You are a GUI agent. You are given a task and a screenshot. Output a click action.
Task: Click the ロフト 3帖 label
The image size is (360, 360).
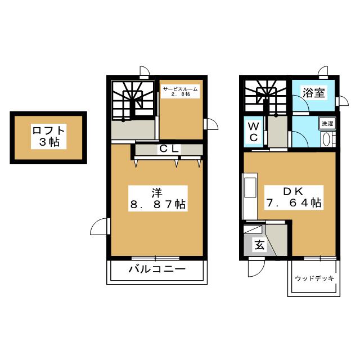tap(49, 136)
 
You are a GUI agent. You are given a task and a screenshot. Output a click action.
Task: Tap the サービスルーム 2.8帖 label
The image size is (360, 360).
tap(180, 91)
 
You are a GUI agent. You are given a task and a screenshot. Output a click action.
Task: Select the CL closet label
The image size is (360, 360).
tap(169, 149)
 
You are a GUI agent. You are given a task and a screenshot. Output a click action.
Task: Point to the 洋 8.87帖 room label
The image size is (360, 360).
tap(158, 199)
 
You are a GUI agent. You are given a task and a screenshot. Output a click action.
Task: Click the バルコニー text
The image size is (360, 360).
tap(157, 269)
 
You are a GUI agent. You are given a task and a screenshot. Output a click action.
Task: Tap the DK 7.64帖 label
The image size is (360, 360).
tap(294, 197)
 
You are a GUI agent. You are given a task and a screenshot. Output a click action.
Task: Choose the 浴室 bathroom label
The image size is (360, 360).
tap(314, 92)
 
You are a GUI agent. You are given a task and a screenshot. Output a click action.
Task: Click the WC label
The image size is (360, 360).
tap(254, 132)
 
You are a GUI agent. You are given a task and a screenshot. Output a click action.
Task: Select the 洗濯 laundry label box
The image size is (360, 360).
tap(327, 124)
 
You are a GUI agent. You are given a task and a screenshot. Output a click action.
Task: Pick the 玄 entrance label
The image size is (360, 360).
tap(259, 245)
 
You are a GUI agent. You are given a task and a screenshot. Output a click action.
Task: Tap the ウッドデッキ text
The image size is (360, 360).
tap(314, 278)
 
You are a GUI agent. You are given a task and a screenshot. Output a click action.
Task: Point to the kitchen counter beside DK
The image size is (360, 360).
tap(250, 196)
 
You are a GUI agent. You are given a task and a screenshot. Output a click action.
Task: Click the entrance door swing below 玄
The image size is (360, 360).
tap(256, 268)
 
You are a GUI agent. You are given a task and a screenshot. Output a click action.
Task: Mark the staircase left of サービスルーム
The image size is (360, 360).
tap(133, 100)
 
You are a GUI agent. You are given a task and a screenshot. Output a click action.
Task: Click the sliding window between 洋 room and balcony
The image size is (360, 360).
tap(155, 258)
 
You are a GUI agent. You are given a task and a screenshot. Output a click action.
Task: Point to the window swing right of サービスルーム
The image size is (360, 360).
tap(210, 124)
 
